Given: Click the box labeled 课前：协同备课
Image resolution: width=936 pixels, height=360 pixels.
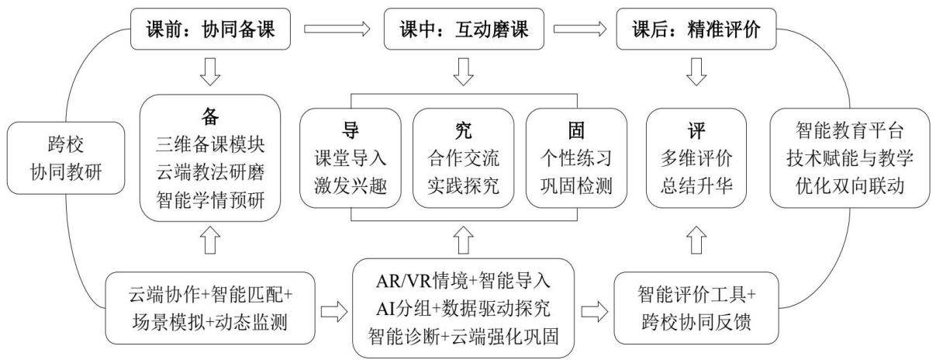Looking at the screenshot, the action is pos(210,29).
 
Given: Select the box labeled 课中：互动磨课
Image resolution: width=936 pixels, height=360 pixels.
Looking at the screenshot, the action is pos(464,29).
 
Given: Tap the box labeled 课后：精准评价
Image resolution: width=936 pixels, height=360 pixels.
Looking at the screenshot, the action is pos(696,29).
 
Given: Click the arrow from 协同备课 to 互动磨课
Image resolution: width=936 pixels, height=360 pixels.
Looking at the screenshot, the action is pos(337,29).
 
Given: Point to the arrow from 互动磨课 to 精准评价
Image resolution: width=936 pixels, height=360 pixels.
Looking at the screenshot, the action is pos(580,29).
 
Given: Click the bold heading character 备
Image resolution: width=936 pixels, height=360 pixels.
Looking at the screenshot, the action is pos(210,116).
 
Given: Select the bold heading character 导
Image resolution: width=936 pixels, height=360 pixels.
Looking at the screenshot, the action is pos(351,130).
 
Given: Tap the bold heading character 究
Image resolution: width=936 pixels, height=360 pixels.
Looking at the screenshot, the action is pos(464,130).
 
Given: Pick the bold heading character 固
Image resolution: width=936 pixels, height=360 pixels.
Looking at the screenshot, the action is pos(576,130).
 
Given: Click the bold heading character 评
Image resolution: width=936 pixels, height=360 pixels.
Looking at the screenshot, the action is pos(696,130).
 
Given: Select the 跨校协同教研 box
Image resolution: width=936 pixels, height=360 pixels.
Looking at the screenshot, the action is pos(66,158).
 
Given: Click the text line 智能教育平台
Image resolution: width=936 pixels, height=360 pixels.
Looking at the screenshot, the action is pos(849,130).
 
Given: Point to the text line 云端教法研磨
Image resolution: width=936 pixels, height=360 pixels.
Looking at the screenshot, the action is pos(210,172).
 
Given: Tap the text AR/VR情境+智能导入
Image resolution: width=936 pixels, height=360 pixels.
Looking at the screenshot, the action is pos(464,281).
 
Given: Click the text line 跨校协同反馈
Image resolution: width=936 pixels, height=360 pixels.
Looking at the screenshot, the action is pos(696,322).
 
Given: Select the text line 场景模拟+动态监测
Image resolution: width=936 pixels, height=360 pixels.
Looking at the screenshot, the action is pos(210,322).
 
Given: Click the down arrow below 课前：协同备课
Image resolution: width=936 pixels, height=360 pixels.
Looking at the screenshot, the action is pos(210,72).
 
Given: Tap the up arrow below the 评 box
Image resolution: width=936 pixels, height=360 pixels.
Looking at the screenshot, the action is pos(696,240).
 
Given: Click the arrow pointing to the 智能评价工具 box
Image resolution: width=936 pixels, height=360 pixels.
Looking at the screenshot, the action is pos(595,311).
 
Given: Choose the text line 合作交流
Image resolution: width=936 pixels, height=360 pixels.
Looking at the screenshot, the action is pos(464,158).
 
